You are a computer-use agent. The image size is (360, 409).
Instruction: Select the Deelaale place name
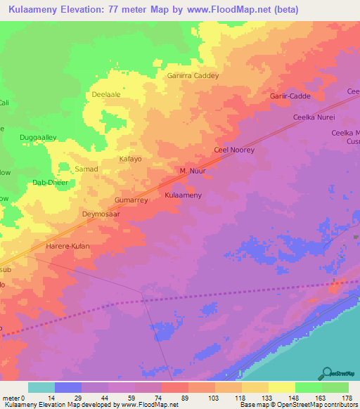click(106, 93)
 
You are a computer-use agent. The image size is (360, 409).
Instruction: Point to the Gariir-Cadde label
click(290, 96)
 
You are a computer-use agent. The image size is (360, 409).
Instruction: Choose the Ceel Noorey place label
click(233, 150)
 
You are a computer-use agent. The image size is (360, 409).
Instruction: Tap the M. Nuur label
click(191, 171)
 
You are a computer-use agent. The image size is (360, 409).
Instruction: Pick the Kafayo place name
click(129, 159)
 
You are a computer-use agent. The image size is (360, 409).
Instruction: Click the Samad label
click(86, 169)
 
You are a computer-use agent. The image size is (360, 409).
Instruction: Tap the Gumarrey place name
click(131, 200)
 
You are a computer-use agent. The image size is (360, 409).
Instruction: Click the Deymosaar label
click(103, 213)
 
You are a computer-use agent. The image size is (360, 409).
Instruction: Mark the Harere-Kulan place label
click(67, 247)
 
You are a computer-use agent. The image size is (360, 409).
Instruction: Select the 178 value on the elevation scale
click(347, 398)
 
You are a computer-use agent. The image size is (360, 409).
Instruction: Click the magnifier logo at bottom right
click(326, 373)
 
